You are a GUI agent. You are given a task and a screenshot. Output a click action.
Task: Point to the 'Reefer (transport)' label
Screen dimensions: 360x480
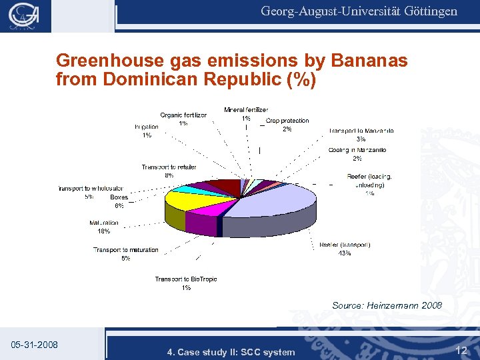[345, 245]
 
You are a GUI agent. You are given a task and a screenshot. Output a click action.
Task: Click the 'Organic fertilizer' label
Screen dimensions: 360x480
[183, 115]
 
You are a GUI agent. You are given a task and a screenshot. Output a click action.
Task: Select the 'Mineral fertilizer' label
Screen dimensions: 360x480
[246, 109]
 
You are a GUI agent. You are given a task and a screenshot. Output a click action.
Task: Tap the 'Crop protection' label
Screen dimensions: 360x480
[287, 121]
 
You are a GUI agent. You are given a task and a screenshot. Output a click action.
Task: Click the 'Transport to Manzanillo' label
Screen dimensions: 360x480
[361, 131]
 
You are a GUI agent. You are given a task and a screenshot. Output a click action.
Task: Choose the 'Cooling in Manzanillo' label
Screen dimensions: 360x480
[357, 150]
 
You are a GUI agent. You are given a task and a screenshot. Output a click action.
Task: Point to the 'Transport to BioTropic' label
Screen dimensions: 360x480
[186, 279]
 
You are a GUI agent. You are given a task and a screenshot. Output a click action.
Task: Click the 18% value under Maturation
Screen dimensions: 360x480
[103, 231]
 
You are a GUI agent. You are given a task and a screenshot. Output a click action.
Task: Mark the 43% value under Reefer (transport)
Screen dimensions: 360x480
[345, 253]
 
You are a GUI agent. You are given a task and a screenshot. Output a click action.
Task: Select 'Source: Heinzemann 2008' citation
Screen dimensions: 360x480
[387, 305]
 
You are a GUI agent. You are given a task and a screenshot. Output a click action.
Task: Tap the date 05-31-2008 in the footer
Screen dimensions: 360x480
[35, 345]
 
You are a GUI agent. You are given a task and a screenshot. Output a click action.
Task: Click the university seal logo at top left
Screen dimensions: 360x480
[25, 17]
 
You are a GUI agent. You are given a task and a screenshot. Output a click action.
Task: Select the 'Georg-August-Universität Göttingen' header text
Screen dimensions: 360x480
[359, 11]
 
